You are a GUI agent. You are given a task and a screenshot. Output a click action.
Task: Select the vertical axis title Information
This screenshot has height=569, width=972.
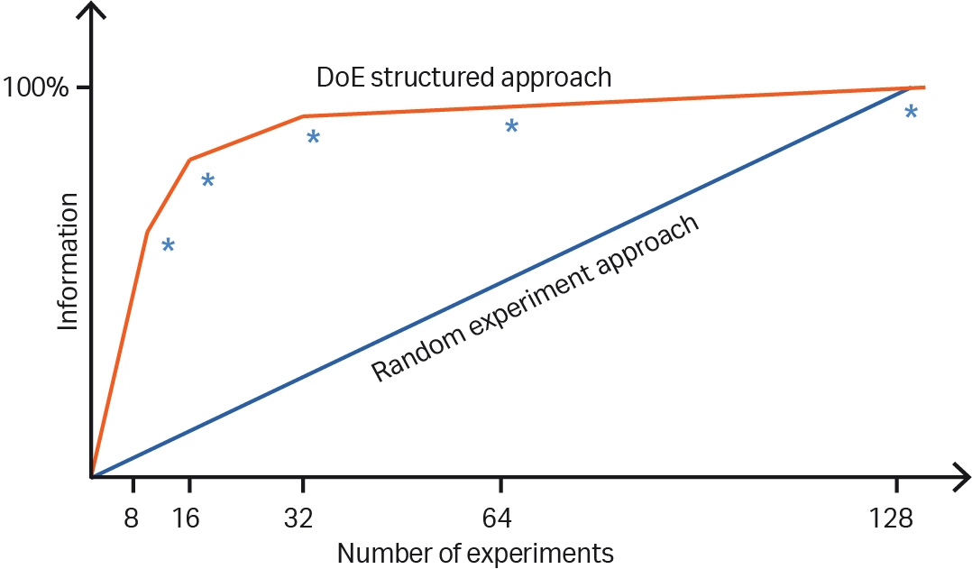69,271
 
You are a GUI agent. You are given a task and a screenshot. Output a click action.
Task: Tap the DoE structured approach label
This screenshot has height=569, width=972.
463,78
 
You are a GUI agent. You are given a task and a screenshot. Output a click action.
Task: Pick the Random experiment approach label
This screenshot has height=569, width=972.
536,298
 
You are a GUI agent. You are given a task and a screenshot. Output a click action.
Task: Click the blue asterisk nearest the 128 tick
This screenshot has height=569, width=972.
911,113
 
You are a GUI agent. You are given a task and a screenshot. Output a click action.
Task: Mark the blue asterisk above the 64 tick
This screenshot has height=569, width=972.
511,127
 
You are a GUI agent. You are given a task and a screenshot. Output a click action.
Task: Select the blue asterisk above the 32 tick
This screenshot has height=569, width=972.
313,138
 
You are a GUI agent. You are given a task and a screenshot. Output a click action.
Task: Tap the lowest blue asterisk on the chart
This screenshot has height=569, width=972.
168,246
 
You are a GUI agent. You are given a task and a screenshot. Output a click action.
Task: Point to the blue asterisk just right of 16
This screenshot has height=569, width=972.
207,181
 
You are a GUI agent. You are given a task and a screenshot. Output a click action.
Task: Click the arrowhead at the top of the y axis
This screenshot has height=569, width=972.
92,11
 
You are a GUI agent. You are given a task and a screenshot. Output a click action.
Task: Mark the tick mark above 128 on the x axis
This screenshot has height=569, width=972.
896,485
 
